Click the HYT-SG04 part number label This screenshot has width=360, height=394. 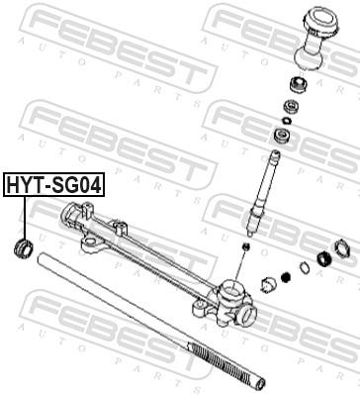[54, 184]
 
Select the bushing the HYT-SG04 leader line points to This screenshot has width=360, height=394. [21, 246]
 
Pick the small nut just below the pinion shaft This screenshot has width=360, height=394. [244, 244]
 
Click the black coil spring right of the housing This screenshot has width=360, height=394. [286, 276]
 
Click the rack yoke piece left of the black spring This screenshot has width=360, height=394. [266, 285]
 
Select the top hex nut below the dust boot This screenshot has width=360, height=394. [296, 82]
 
